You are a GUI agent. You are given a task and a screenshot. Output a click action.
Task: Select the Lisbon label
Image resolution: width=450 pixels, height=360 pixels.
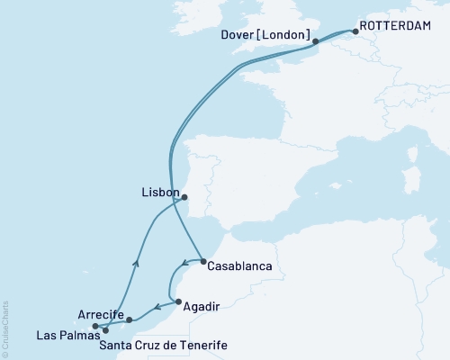(x=160, y=192)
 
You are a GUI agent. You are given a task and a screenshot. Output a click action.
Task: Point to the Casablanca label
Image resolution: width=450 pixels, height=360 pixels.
(x=238, y=266)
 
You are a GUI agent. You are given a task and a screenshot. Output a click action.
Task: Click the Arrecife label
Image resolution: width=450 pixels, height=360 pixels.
(x=100, y=314)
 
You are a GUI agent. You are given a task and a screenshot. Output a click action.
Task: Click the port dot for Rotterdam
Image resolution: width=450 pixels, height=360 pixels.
(x=355, y=32)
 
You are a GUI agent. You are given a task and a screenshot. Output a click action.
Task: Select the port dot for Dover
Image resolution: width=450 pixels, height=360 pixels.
(x=315, y=41)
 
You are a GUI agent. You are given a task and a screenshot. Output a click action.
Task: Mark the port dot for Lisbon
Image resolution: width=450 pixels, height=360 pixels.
(x=184, y=197)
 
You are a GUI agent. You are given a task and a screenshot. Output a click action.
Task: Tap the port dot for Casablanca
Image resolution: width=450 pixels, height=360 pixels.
(x=203, y=261)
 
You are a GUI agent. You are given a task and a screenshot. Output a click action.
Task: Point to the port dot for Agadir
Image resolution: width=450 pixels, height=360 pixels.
(x=179, y=301)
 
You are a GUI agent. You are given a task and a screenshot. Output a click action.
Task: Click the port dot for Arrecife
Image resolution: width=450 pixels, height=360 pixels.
(x=130, y=319)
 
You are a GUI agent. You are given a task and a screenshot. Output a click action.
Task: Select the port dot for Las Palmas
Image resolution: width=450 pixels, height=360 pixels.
(x=106, y=330)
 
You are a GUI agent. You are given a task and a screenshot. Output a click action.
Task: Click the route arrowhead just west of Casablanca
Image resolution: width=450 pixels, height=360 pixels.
(x=184, y=265)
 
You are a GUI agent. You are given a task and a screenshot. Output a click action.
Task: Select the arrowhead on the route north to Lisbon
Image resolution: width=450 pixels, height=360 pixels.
(x=136, y=263)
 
